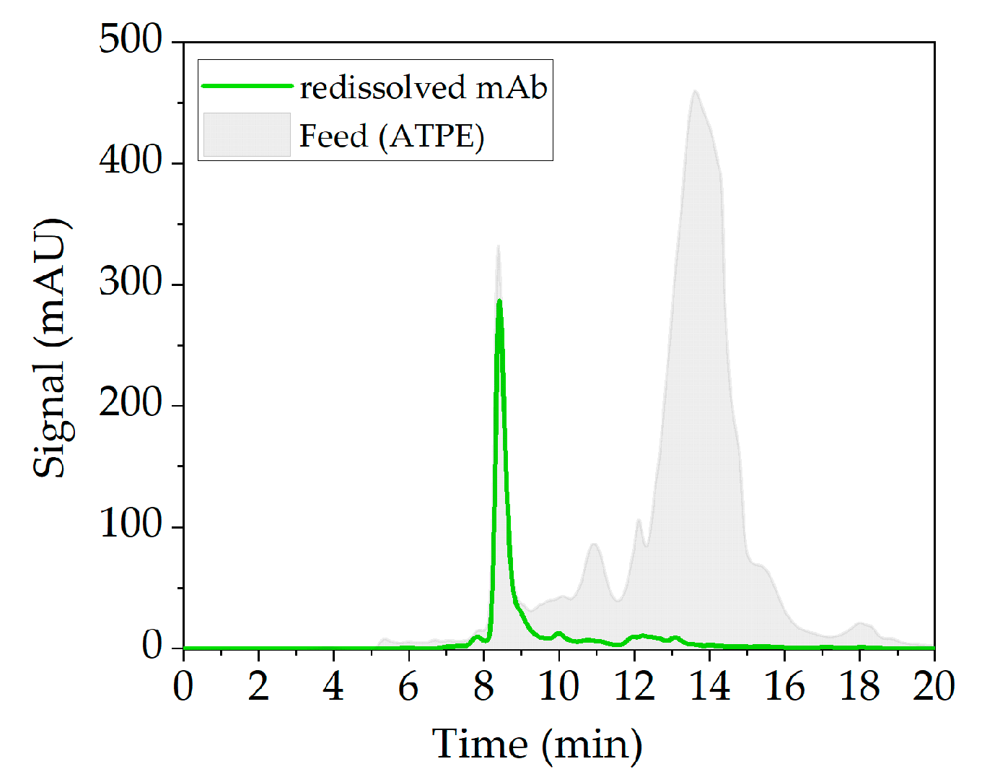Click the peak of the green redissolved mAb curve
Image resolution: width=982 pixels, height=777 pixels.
pyautogui.click(x=499, y=301)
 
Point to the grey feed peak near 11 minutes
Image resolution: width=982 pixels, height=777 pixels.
pyautogui.click(x=594, y=544)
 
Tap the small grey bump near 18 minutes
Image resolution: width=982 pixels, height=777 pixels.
pyautogui.click(x=860, y=623)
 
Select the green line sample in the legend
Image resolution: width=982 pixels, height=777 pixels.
pyautogui.click(x=247, y=86)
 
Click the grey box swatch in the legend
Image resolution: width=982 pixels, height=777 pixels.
pyautogui.click(x=247, y=134)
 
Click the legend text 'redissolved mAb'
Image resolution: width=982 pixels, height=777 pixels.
pyautogui.click(x=424, y=87)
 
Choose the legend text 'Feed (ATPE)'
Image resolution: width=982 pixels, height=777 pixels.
pyautogui.click(x=392, y=136)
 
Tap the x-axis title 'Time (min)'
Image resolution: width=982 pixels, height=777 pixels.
pyautogui.click(x=537, y=744)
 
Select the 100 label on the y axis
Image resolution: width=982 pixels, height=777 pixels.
pyautogui.click(x=131, y=524)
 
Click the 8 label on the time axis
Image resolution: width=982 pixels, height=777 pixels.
pyautogui.click(x=483, y=686)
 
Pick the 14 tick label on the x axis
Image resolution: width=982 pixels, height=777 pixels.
pyautogui.click(x=709, y=686)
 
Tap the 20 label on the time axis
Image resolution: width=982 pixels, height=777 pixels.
pyautogui.click(x=934, y=686)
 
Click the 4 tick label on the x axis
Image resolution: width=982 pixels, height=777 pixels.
pyautogui.click(x=333, y=686)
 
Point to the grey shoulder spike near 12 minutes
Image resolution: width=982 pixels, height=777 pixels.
pyautogui.click(x=639, y=521)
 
